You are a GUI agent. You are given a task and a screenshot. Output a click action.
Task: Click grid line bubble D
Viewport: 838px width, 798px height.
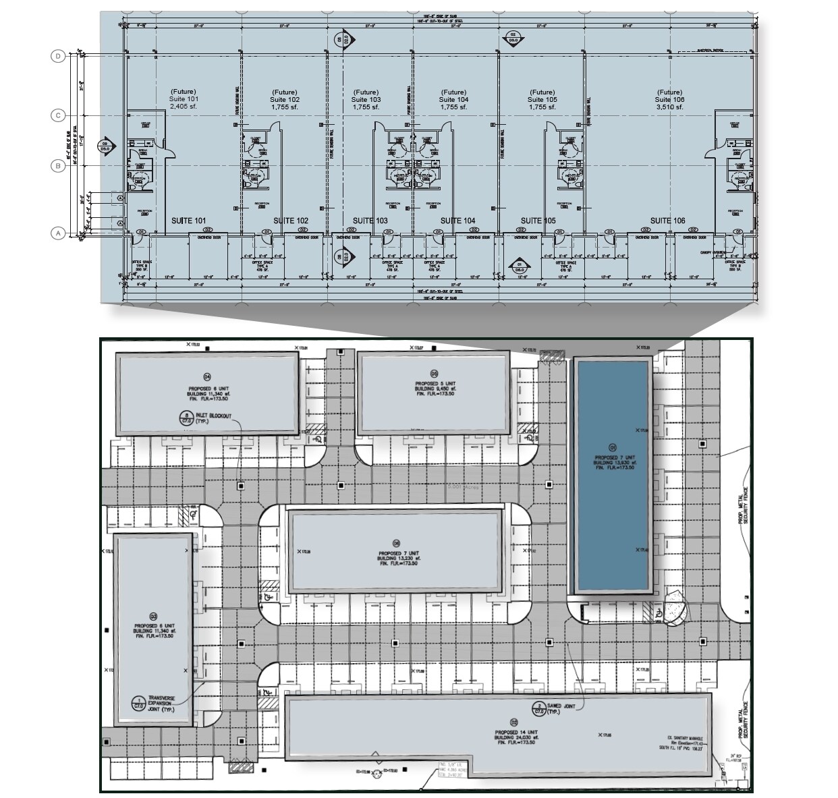[x=58, y=57]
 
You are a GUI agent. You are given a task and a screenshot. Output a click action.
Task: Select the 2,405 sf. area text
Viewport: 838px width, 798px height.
[x=184, y=107]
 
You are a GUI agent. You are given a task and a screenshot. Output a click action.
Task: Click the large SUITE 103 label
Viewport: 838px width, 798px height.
[x=370, y=221]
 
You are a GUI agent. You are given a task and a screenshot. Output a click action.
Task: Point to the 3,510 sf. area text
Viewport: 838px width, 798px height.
[x=669, y=107]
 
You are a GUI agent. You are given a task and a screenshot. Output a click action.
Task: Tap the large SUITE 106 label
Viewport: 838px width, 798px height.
[x=667, y=221]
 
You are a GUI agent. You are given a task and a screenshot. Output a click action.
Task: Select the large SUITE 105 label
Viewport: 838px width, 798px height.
[x=538, y=221]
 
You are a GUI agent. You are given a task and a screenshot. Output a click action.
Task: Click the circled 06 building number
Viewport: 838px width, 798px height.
[x=396, y=544]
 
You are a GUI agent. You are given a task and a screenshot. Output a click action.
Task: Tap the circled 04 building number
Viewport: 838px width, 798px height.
[x=207, y=376]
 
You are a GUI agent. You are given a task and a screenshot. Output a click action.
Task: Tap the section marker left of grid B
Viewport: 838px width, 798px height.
[x=105, y=144]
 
